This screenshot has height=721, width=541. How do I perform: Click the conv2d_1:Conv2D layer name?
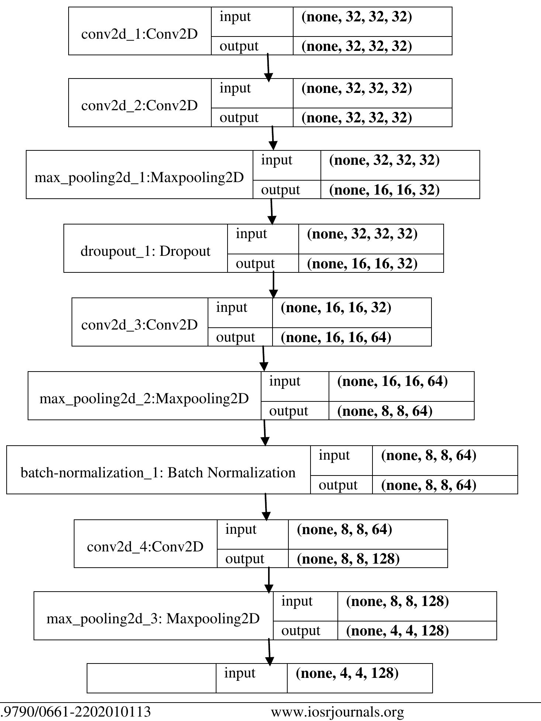click(x=139, y=34)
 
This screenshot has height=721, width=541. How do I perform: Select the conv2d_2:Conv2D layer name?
click(x=139, y=106)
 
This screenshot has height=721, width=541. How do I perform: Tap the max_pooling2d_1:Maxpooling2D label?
click(x=139, y=178)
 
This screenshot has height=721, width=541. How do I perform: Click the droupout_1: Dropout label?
click(x=145, y=251)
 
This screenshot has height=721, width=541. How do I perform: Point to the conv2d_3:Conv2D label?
click(x=139, y=325)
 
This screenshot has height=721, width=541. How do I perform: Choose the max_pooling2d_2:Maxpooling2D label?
click(x=144, y=398)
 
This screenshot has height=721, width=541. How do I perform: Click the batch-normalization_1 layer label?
click(x=158, y=473)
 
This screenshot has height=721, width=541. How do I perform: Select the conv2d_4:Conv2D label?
click(x=145, y=547)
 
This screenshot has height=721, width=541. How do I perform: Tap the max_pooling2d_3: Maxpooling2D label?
click(x=153, y=619)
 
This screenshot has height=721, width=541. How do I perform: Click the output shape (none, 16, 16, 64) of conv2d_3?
click(x=336, y=337)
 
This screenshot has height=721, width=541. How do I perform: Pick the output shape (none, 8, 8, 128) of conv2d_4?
click(x=348, y=559)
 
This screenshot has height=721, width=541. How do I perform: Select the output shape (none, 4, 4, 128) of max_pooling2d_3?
click(x=397, y=631)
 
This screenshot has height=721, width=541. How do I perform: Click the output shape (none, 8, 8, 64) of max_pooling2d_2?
click(x=385, y=411)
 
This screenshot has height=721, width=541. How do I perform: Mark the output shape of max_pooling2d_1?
click(x=384, y=190)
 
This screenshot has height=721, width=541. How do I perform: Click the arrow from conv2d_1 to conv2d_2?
click(x=268, y=67)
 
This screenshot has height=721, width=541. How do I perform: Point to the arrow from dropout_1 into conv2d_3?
click(x=273, y=285)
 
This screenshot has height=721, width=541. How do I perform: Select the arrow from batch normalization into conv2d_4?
click(x=266, y=507)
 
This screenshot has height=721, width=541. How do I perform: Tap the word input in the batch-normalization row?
click(x=334, y=455)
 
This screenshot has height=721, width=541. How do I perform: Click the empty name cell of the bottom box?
click(x=151, y=678)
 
